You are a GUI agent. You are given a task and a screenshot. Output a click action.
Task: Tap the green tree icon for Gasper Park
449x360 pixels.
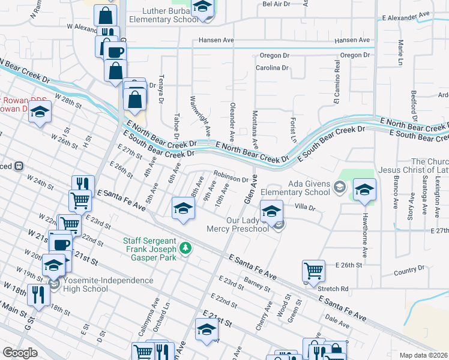187,247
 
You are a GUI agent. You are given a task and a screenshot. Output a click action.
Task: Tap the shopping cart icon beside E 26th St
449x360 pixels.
313,271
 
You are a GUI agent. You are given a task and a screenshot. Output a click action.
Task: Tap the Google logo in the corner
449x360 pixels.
20,352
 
